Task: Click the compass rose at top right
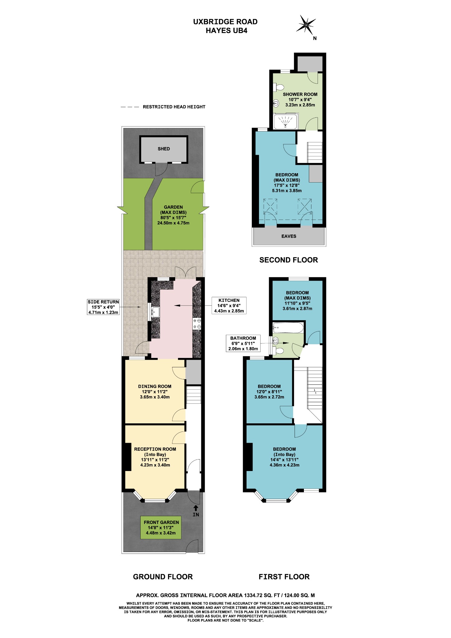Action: click(306, 25)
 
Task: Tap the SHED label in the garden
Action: click(164, 149)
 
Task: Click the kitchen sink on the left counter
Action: click(156, 312)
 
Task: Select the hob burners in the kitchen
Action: click(197, 324)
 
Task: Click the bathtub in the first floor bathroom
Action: click(288, 328)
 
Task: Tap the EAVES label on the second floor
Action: click(289, 236)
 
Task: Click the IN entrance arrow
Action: click(196, 508)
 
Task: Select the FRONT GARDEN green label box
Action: click(161, 527)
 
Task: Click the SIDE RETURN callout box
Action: click(103, 307)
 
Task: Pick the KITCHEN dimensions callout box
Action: click(229, 306)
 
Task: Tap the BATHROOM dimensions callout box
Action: click(243, 343)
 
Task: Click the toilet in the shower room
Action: click(278, 87)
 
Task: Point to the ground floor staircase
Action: click(194, 395)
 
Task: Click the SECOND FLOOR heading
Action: click(288, 260)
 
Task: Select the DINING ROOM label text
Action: click(155, 386)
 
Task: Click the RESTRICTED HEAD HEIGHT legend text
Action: click(174, 107)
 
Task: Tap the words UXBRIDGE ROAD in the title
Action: click(225, 22)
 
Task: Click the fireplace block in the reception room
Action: click(127, 457)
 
